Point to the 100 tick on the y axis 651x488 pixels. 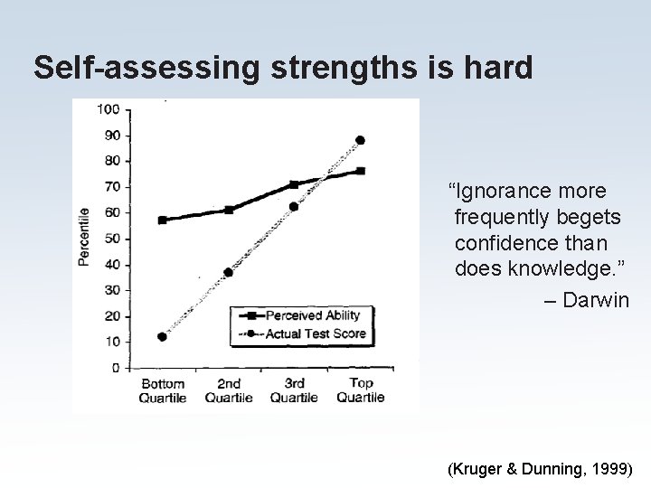pos(108,109)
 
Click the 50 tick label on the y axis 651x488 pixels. pos(112,239)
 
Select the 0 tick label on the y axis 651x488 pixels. pos(116,368)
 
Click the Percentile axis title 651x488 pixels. pos(83,236)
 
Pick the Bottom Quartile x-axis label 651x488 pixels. pos(163,390)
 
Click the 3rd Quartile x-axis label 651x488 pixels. pos(294,390)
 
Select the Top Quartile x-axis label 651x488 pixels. pos(360,390)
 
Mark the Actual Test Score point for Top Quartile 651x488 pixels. pos(360,140)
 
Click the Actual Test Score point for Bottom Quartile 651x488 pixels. pos(162,336)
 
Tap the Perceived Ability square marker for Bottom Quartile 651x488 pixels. pos(162,220)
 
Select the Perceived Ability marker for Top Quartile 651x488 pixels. pos(360,171)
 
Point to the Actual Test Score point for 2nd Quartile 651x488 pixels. pos(228,272)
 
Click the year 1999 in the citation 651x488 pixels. pos(611,470)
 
